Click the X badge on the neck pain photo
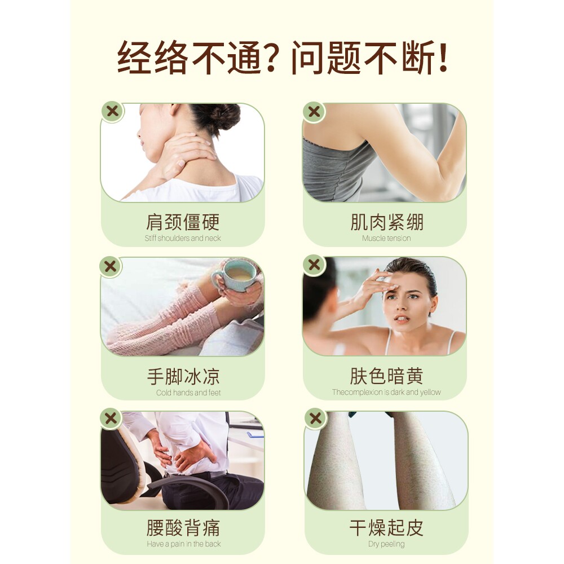[x=112, y=111]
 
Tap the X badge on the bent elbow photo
[x=314, y=112]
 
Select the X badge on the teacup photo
[x=111, y=266]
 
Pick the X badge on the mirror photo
[x=314, y=265]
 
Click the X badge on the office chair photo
[x=112, y=418]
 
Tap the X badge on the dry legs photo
[x=315, y=418]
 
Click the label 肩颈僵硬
[x=182, y=222]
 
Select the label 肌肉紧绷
[x=386, y=222]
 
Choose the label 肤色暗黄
[x=386, y=376]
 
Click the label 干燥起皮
[x=386, y=528]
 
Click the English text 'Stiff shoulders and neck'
[x=183, y=239]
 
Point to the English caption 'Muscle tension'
[x=386, y=239]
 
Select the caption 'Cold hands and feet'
[x=188, y=393]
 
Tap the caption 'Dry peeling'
[x=386, y=544]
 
